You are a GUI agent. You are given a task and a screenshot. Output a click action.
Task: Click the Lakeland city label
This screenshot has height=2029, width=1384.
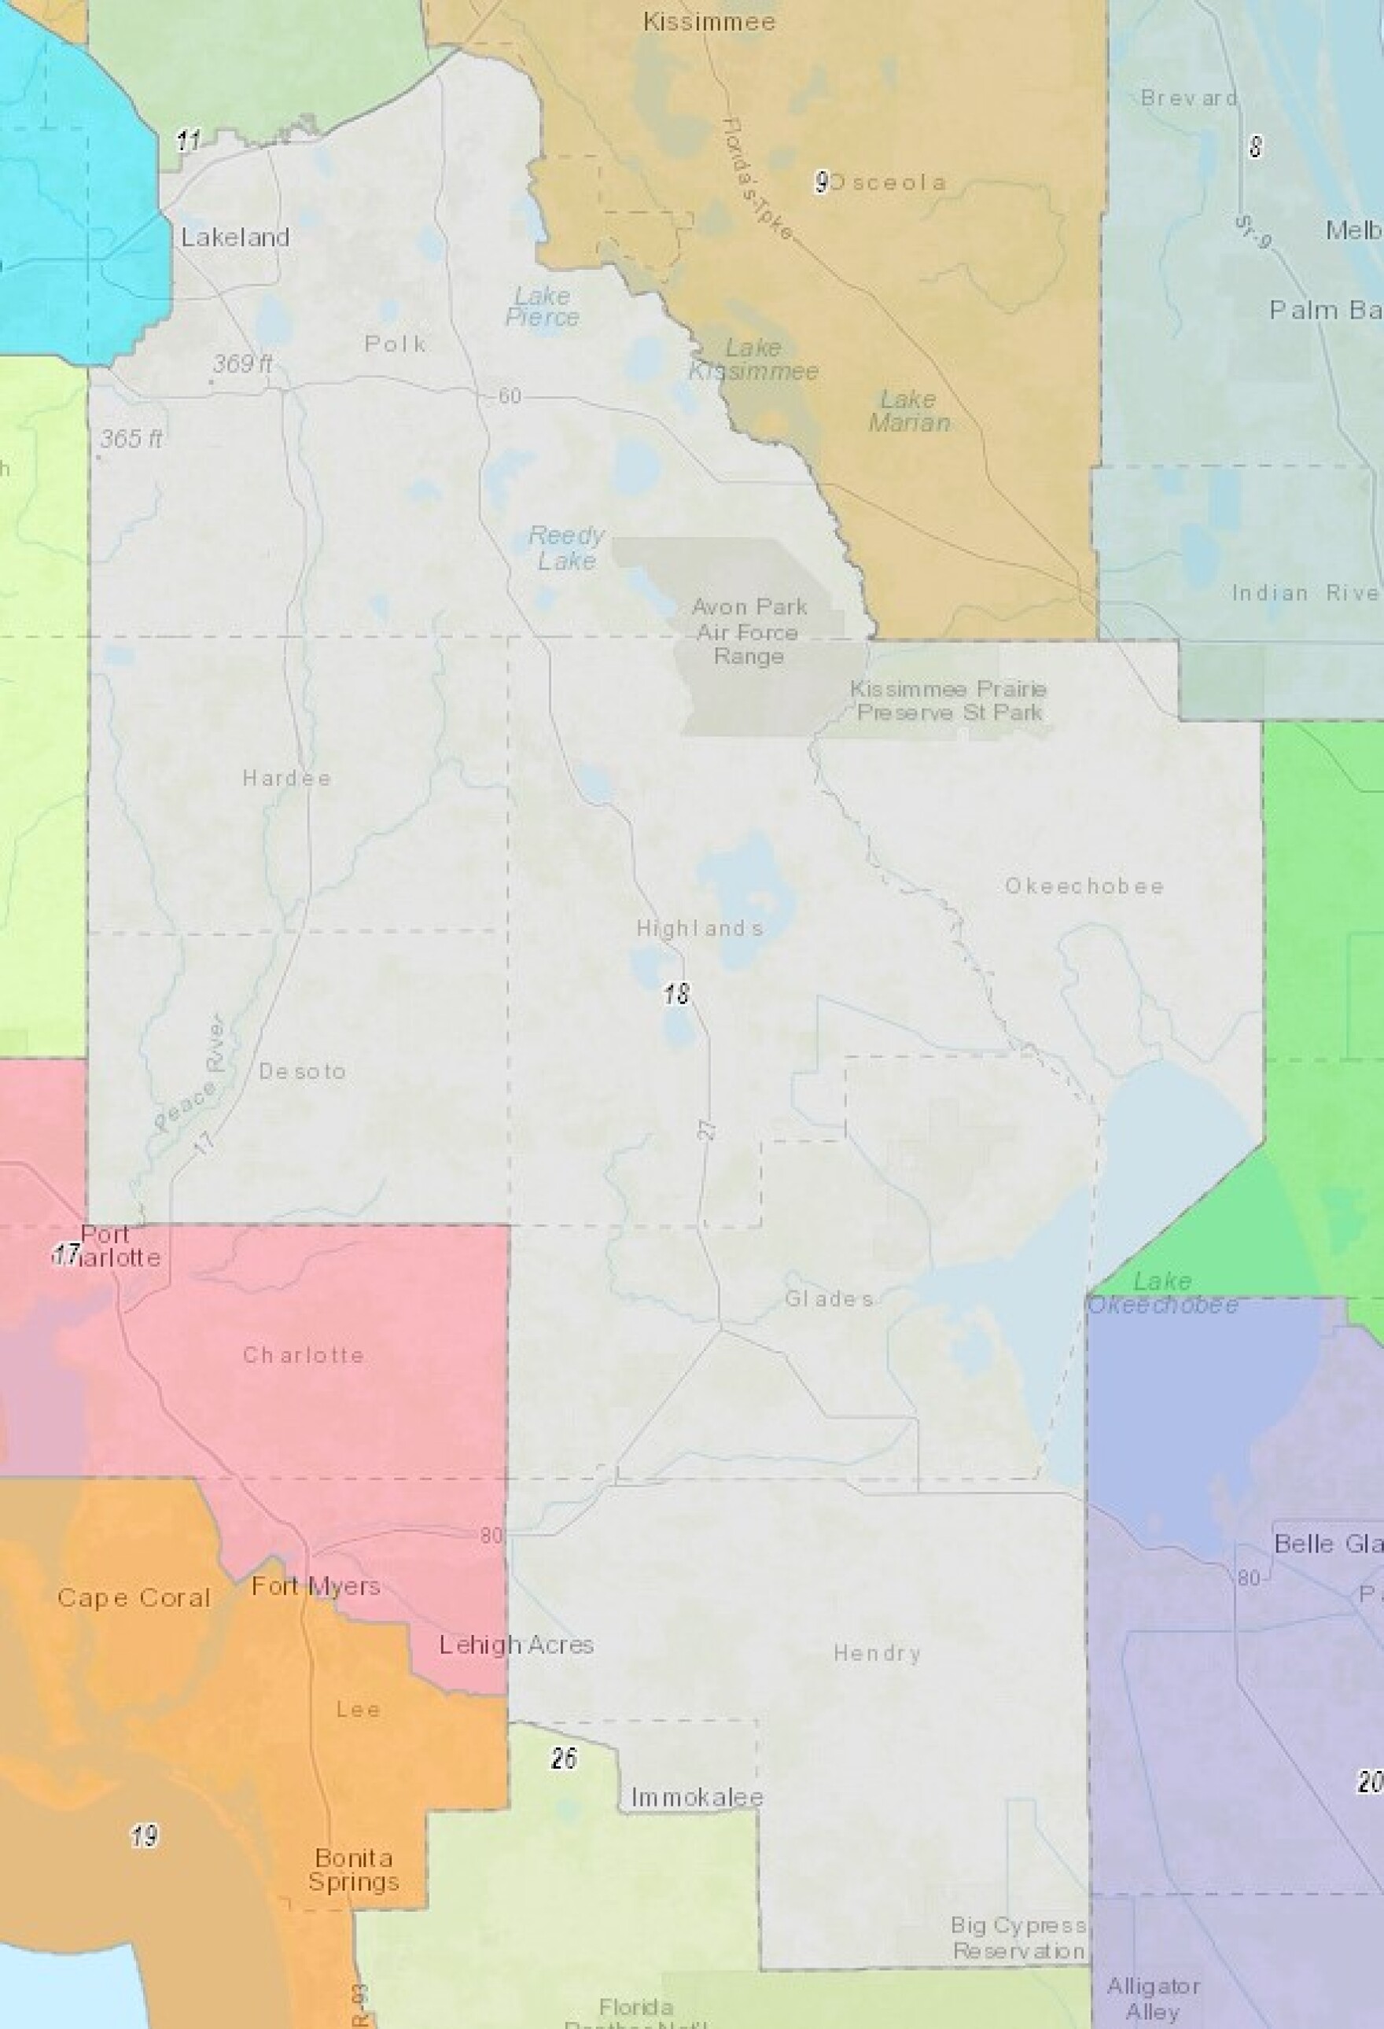(x=235, y=238)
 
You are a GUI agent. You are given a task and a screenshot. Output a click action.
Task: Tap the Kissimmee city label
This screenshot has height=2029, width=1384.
(x=709, y=22)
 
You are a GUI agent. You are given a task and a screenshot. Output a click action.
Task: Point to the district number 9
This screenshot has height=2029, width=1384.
(x=821, y=182)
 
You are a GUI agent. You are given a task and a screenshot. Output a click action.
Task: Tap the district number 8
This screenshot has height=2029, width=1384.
(x=1255, y=147)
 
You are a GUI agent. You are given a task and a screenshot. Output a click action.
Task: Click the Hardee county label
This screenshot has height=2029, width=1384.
(x=286, y=778)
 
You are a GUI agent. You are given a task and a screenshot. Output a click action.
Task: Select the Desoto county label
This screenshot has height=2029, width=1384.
(x=302, y=1071)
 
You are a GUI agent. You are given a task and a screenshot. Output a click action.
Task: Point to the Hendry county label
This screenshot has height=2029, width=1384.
(x=877, y=1653)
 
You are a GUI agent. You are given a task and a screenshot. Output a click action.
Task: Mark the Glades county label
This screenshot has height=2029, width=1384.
(x=829, y=1298)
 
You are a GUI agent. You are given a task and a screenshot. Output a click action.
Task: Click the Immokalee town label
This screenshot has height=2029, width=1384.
(x=697, y=1798)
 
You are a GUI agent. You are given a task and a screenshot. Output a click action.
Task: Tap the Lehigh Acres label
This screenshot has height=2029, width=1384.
(x=516, y=1645)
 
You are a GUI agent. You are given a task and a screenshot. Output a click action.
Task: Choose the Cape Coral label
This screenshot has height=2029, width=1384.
(x=134, y=1598)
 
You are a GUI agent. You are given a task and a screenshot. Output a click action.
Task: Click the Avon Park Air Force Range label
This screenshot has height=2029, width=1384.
(x=749, y=632)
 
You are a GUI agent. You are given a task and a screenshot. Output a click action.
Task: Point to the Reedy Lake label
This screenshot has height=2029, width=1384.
(x=567, y=547)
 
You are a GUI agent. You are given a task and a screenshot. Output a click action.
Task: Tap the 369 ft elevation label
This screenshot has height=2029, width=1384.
(x=242, y=363)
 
